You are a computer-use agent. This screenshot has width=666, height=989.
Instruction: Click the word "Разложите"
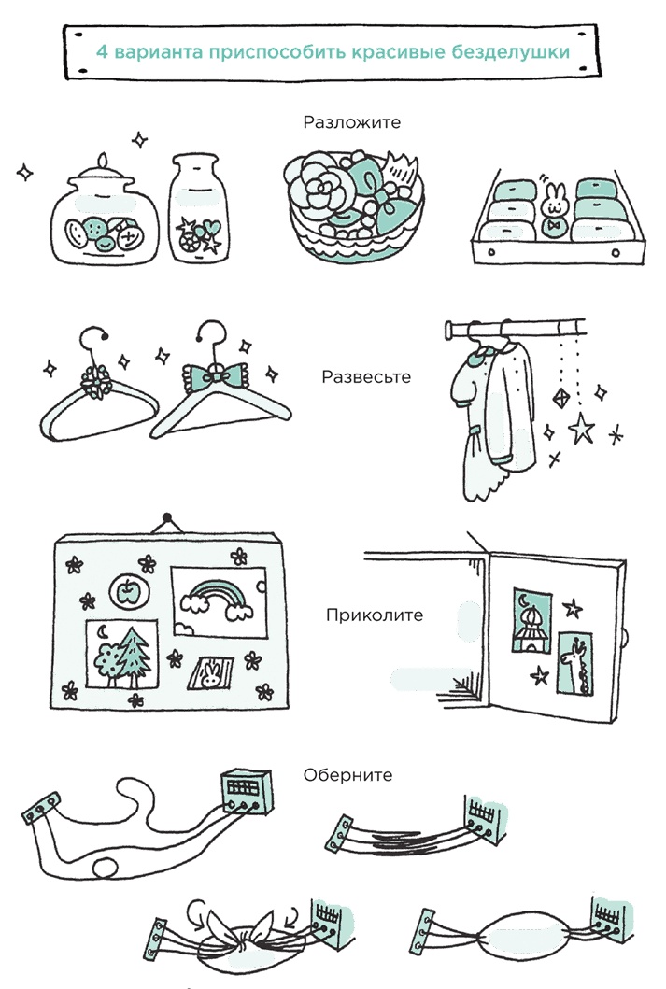pyautogui.click(x=351, y=121)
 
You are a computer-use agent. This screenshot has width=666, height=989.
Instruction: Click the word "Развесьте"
pyautogui.click(x=366, y=376)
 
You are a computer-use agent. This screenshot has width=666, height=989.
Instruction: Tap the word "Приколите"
pyautogui.click(x=375, y=615)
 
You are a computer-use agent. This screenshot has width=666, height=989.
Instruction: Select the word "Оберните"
pyautogui.click(x=347, y=774)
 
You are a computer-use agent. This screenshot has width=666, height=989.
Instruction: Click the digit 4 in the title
pyautogui.click(x=102, y=51)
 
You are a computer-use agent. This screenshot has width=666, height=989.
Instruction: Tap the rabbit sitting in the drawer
pyautogui.click(x=554, y=209)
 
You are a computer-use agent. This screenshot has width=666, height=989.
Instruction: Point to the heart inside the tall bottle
pyautogui.click(x=211, y=225)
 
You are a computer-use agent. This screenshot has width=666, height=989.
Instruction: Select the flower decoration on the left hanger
pyautogui.click(x=96, y=382)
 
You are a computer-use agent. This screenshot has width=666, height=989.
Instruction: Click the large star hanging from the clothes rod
pyautogui.click(x=581, y=428)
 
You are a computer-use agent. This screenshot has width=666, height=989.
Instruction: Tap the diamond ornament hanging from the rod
pyautogui.click(x=560, y=398)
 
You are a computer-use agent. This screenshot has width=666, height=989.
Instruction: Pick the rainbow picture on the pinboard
pyautogui.click(x=219, y=602)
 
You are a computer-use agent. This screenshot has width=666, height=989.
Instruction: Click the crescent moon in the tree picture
pyautogui.click(x=103, y=630)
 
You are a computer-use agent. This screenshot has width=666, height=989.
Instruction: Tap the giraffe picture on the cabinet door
pyautogui.click(x=575, y=664)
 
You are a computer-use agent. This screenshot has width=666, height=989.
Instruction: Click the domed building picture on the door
pyautogui.click(x=531, y=622)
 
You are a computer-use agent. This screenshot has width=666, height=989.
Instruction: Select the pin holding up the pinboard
pyautogui.click(x=167, y=518)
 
